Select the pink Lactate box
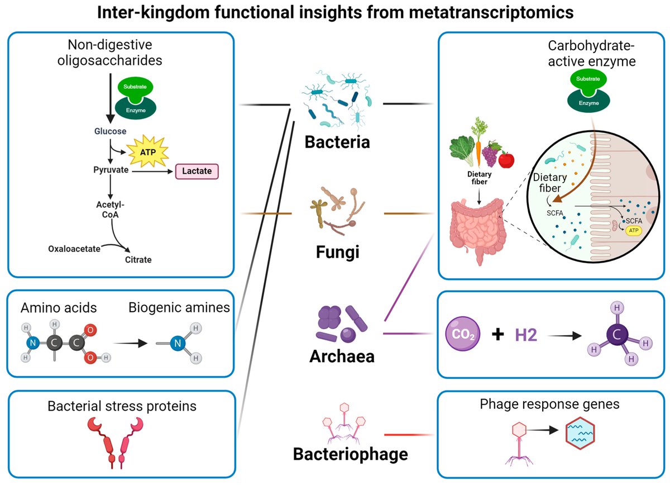pyautogui.click(x=197, y=171)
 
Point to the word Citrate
pyautogui.click(x=138, y=259)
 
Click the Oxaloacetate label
pyautogui.click(x=74, y=248)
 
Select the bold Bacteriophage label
pyautogui.click(x=350, y=454)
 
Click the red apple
pyautogui.click(x=506, y=160)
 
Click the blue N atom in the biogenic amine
pyautogui.click(x=178, y=344)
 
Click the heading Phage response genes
pyautogui.click(x=549, y=403)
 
